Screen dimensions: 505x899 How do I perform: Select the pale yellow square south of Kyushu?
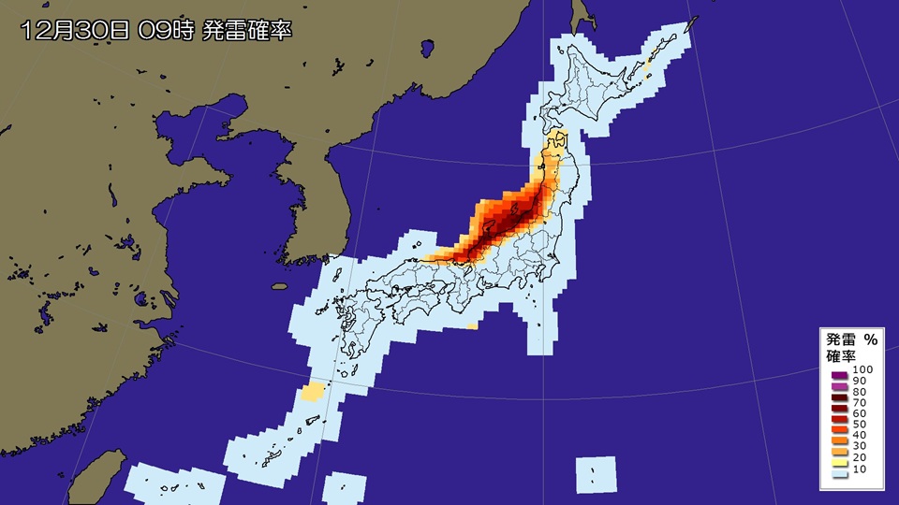coord(314,391)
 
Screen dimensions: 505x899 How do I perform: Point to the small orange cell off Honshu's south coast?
coord(471,325)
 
